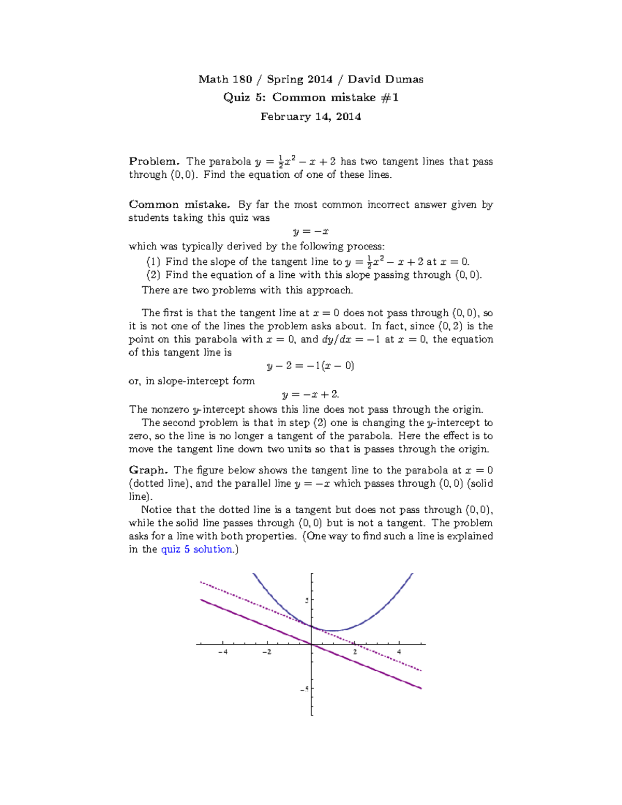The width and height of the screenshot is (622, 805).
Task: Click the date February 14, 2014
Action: point(310,117)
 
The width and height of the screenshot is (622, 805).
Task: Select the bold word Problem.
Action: point(153,161)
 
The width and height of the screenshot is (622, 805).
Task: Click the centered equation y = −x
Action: point(310,232)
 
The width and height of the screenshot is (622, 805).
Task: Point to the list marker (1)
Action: point(153,262)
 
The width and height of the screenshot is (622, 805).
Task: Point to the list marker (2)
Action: point(153,275)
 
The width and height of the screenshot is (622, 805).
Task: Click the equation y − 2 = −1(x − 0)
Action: point(310,366)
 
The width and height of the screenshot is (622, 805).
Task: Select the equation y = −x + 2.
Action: point(310,394)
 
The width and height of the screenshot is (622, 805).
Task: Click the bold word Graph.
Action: point(148,470)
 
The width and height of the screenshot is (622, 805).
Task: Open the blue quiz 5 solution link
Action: point(197,549)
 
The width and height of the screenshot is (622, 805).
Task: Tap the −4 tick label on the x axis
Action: point(223,652)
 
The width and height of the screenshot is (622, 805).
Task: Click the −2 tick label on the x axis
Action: point(266,652)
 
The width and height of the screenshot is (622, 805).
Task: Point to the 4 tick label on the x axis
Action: point(399,652)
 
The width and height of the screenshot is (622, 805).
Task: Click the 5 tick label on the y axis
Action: point(307,600)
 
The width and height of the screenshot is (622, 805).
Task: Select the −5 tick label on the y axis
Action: point(305,689)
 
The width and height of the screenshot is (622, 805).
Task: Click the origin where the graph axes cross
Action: point(312,644)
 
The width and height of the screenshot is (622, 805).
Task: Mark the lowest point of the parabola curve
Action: point(333,631)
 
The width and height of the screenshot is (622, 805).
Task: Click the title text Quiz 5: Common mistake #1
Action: point(310,97)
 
